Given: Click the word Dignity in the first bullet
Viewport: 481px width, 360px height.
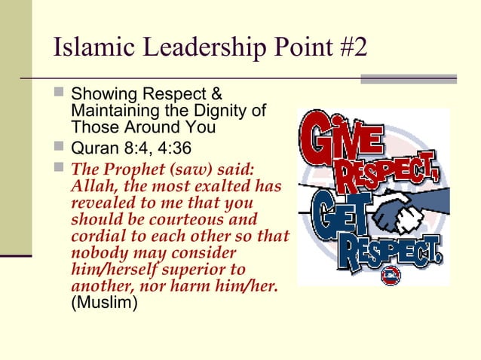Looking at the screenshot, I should click(225, 111).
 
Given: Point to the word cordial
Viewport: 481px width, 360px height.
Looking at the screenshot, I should click(93, 236).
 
